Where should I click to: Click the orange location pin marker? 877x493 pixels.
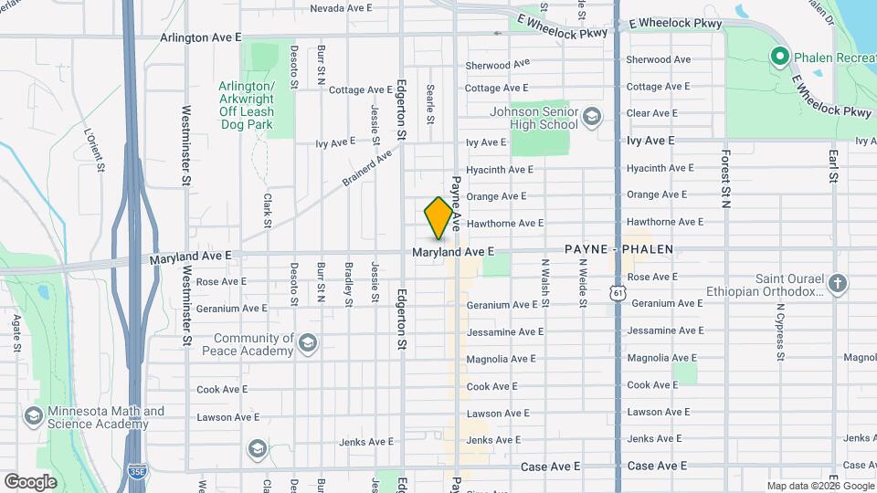pos(438,218)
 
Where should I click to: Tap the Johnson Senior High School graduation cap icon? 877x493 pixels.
pos(591,117)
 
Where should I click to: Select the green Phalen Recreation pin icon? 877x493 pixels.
pos(780,58)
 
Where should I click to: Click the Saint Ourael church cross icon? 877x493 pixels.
pos(837,284)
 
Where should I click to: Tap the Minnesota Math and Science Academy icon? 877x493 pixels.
pos(34,417)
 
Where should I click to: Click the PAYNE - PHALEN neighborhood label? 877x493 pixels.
pos(618,249)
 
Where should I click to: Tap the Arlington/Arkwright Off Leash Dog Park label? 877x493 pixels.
pos(247,105)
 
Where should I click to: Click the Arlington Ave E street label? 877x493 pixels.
pos(200,37)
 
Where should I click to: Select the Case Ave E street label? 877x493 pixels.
pos(551,467)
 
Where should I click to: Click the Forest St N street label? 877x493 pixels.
pos(725,179)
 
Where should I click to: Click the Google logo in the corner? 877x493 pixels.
pos(30,481)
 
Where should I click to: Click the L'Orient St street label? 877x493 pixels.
pos(94,150)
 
